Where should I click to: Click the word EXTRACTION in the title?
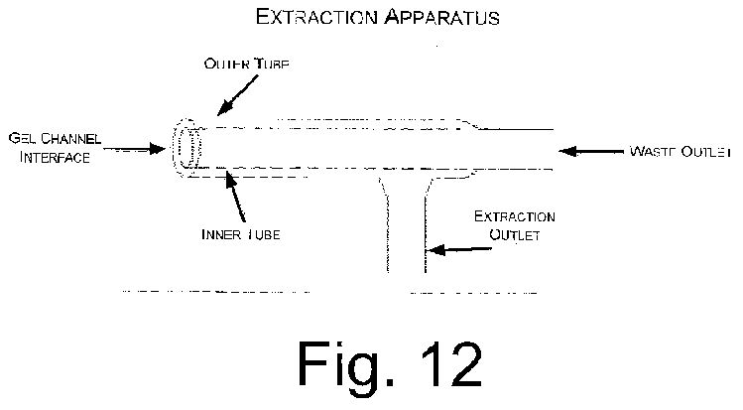[x=316, y=17]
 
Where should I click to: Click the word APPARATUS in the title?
[x=441, y=17]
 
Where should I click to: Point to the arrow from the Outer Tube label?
[x=238, y=95]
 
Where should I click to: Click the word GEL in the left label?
[x=22, y=138]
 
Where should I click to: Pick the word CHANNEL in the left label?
[x=70, y=138]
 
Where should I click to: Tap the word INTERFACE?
[x=55, y=158]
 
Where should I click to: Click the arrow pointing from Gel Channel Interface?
[x=134, y=149]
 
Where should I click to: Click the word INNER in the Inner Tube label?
[x=221, y=234]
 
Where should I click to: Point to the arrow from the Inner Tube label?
[x=235, y=197]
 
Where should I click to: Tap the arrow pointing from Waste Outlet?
[x=591, y=152]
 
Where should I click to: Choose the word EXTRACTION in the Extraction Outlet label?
[x=515, y=216]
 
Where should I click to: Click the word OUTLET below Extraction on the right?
[x=515, y=235]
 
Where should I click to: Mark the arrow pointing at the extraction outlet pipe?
[x=459, y=249]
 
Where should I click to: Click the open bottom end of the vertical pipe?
[x=407, y=272]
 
